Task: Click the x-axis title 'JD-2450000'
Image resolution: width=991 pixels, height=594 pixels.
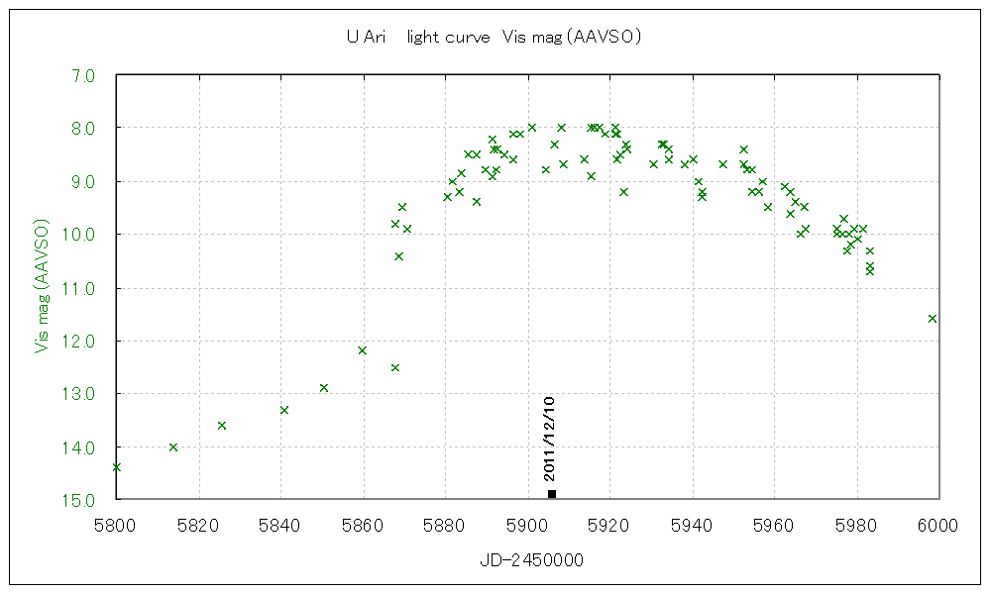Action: (531, 561)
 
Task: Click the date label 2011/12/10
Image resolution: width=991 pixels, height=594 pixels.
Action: (550, 439)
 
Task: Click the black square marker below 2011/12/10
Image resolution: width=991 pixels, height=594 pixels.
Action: (552, 493)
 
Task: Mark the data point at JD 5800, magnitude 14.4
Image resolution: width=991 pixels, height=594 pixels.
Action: (117, 467)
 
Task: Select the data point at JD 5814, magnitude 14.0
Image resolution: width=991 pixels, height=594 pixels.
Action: (173, 447)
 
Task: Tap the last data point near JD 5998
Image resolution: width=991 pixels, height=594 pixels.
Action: (933, 318)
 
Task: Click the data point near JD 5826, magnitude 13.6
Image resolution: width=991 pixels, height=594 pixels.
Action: (222, 426)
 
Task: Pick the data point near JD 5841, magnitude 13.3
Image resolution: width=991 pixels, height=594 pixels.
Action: (284, 410)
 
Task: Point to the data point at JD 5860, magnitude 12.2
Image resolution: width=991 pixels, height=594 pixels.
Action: (363, 350)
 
